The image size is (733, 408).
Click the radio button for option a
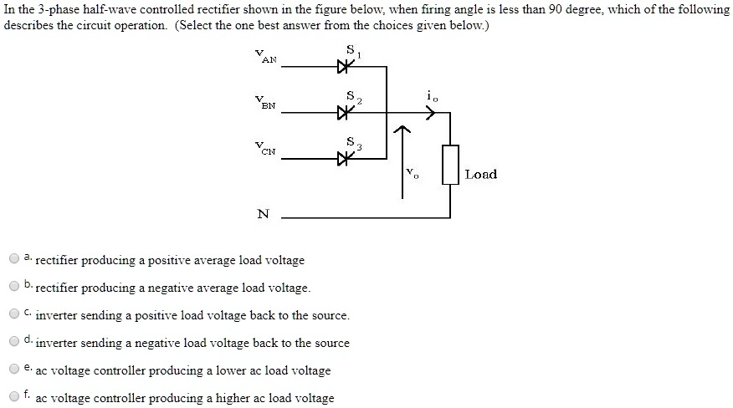pyautogui.click(x=14, y=259)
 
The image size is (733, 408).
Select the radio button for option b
pyautogui.click(x=14, y=287)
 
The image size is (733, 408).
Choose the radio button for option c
pyautogui.click(x=14, y=314)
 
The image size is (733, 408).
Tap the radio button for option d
pyautogui.click(x=14, y=342)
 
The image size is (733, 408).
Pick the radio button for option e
pyautogui.click(x=14, y=370)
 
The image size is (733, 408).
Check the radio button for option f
pyautogui.click(x=14, y=397)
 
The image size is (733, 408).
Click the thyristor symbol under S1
pyautogui.click(x=341, y=69)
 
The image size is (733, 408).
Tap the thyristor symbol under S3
pyautogui.click(x=341, y=157)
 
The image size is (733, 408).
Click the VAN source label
pyautogui.click(x=269, y=57)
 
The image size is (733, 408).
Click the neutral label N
pyautogui.click(x=264, y=213)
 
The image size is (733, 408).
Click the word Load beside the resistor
pyautogui.click(x=481, y=174)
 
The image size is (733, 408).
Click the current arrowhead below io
pyautogui.click(x=431, y=114)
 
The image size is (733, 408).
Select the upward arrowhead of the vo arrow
pyautogui.click(x=402, y=130)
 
